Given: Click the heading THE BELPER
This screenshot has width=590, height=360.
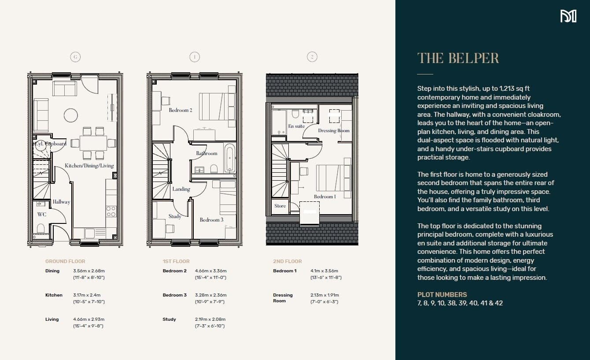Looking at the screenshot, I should pyautogui.click(x=458, y=58).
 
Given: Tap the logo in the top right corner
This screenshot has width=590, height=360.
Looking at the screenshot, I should pyautogui.click(x=568, y=16).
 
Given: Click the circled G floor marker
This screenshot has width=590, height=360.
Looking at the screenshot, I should pyautogui.click(x=76, y=57).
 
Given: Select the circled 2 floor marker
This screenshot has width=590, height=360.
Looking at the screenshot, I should pyautogui.click(x=312, y=57).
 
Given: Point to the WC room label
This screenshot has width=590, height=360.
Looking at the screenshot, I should pyautogui.click(x=42, y=215).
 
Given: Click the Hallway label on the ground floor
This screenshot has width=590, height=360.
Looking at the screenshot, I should pyautogui.click(x=61, y=202).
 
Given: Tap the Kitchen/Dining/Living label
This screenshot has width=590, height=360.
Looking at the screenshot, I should pyautogui.click(x=89, y=166).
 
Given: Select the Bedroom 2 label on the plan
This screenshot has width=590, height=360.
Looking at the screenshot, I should pyautogui.click(x=181, y=110).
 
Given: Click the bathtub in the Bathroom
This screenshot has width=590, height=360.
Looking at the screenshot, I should pyautogui.click(x=229, y=157).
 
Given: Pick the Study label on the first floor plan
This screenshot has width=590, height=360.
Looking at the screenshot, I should pyautogui.click(x=175, y=216).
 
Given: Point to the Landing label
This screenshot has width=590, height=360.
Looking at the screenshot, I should pyautogui.click(x=181, y=189).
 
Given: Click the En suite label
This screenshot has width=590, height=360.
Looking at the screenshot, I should pyautogui.click(x=296, y=126).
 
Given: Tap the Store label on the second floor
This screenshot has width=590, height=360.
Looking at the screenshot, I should pyautogui.click(x=280, y=206).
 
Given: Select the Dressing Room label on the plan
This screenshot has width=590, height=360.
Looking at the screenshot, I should pyautogui.click(x=334, y=130).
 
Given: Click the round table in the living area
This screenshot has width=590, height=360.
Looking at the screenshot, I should pyautogui.click(x=71, y=115).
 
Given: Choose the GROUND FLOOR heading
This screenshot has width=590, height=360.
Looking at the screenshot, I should pyautogui.click(x=65, y=261).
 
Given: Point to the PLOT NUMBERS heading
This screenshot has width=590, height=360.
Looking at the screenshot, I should pyautogui.click(x=442, y=295).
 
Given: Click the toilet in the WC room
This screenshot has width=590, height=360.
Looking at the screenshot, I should pyautogui.click(x=41, y=228).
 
